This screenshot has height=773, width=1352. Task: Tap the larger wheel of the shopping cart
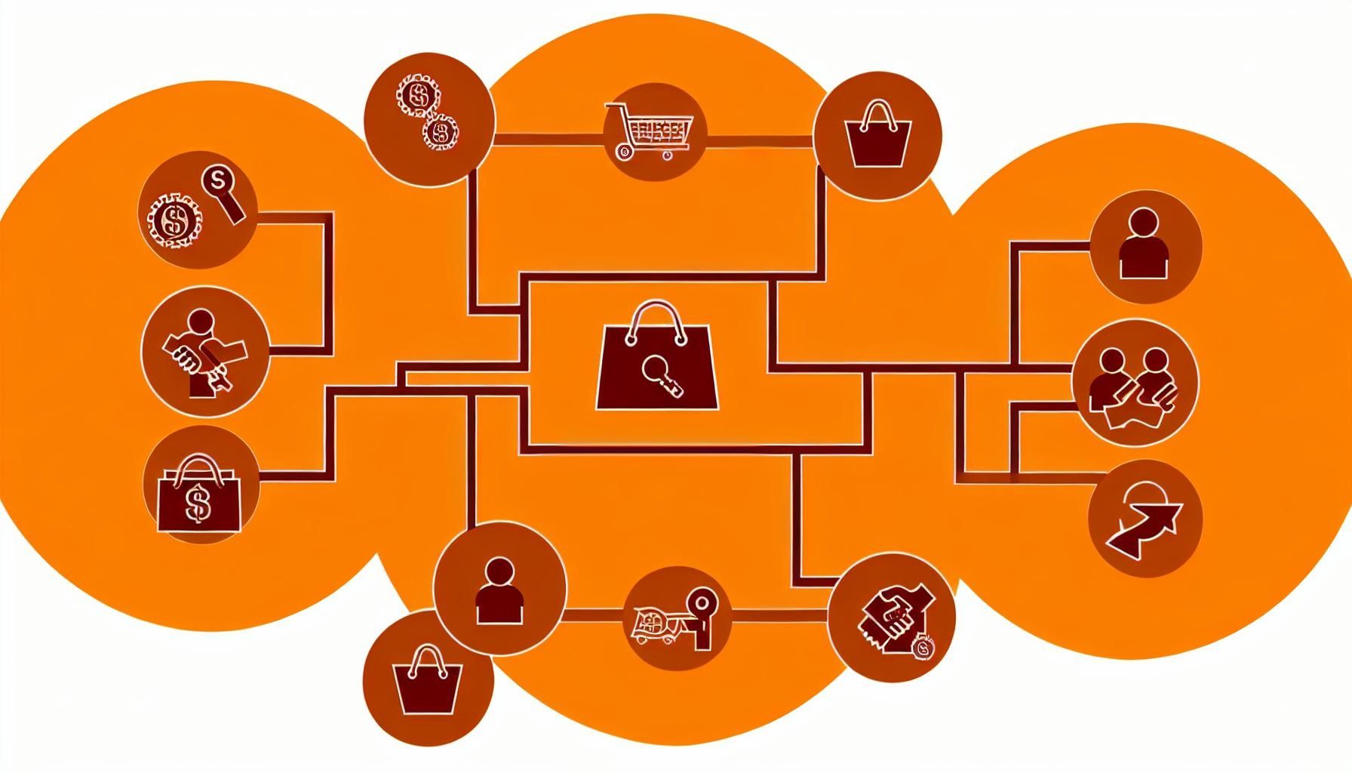(x=623, y=152)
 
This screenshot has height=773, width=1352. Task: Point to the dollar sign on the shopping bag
(x=199, y=504)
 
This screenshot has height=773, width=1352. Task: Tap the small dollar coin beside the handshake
(x=922, y=647)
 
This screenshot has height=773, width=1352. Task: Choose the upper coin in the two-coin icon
(x=415, y=96)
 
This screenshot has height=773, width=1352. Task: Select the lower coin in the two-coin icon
(x=440, y=134)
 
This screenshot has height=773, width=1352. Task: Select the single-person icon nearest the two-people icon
(x=1144, y=244)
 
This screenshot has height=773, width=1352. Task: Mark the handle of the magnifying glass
(x=235, y=207)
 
